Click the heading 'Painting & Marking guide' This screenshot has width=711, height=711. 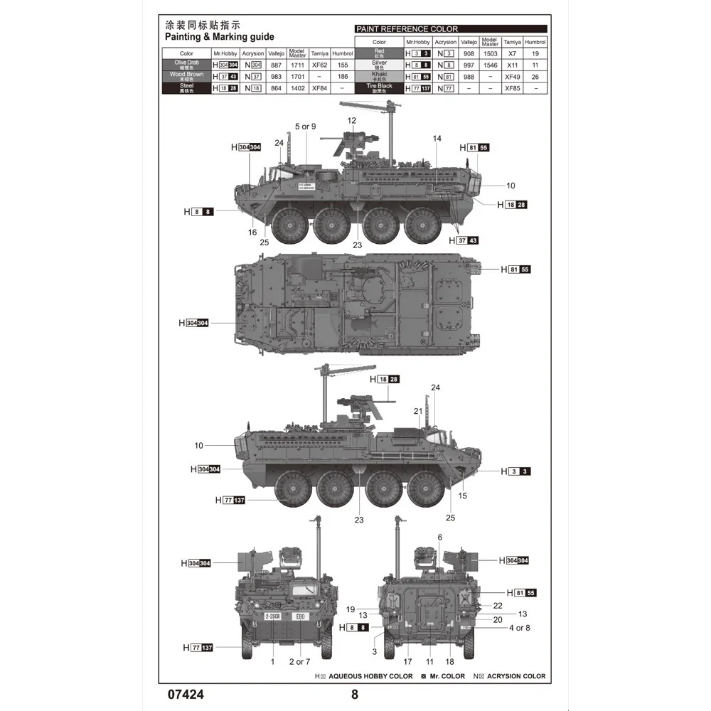click(x=219, y=37)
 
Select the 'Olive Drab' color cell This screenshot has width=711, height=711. click(x=186, y=64)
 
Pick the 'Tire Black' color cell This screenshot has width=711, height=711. click(x=380, y=88)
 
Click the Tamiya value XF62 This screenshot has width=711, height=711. click(x=319, y=65)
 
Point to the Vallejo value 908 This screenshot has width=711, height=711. click(x=469, y=53)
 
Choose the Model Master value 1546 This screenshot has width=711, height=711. click(x=489, y=65)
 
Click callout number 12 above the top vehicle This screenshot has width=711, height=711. click(x=352, y=121)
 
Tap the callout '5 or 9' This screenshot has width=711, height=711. click(x=306, y=127)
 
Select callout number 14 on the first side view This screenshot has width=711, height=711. click(x=437, y=138)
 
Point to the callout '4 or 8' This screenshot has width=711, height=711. click(x=519, y=628)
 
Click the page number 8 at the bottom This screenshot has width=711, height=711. click(x=355, y=695)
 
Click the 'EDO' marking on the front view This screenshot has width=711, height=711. click(x=299, y=616)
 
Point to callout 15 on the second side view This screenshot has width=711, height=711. click(x=463, y=496)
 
